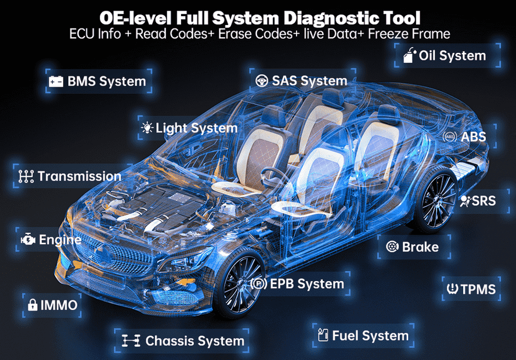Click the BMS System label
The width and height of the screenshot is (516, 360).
[107, 81]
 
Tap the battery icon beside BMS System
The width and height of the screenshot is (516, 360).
[56, 81]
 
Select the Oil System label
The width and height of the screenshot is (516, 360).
[452, 56]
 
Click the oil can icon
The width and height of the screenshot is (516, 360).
[409, 55]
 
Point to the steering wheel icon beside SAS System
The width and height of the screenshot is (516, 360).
[262, 81]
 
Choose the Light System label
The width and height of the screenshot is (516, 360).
[196, 128]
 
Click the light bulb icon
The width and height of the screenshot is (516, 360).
[147, 127]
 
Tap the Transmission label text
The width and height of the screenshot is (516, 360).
[80, 177]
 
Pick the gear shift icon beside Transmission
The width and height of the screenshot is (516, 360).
[26, 177]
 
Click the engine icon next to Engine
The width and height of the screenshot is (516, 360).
[28, 239]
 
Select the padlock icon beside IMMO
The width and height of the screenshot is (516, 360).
[33, 305]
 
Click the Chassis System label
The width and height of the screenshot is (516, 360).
[195, 341]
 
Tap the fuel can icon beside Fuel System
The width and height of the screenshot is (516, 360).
[323, 335]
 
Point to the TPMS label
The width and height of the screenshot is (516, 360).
[478, 289]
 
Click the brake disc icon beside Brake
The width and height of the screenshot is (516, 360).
[392, 246]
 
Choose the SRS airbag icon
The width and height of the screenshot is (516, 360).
[466, 201]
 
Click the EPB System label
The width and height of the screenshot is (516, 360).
[306, 284]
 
